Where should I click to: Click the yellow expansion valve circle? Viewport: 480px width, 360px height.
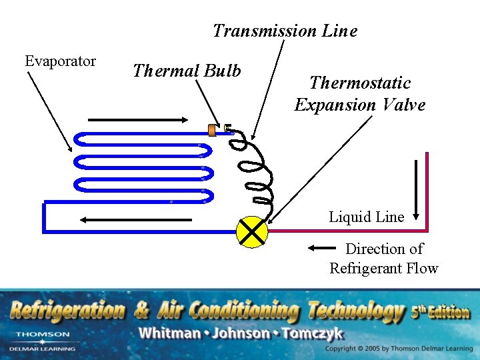pyautogui.click(x=252, y=232)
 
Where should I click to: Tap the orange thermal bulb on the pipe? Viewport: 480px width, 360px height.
pyautogui.click(x=212, y=130)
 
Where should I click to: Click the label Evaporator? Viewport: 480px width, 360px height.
pyautogui.click(x=60, y=61)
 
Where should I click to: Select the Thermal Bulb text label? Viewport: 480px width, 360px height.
pyautogui.click(x=187, y=71)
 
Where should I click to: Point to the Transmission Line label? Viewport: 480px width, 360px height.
pyautogui.click(x=285, y=31)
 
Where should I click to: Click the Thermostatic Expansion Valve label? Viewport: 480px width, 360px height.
pyautogui.click(x=360, y=94)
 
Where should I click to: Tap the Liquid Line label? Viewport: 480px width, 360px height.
pyautogui.click(x=366, y=217)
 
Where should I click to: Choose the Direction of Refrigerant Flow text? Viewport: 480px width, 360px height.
pyautogui.click(x=384, y=259)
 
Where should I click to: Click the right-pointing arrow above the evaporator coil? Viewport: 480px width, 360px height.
pyautogui.click(x=138, y=120)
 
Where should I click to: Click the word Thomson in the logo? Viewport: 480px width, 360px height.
pyautogui.click(x=42, y=334)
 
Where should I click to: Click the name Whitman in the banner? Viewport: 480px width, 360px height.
pyautogui.click(x=173, y=333)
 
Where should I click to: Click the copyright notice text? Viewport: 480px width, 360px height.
pyautogui.click(x=399, y=349)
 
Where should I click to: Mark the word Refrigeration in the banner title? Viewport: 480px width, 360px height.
pyautogui.click(x=67, y=311)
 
